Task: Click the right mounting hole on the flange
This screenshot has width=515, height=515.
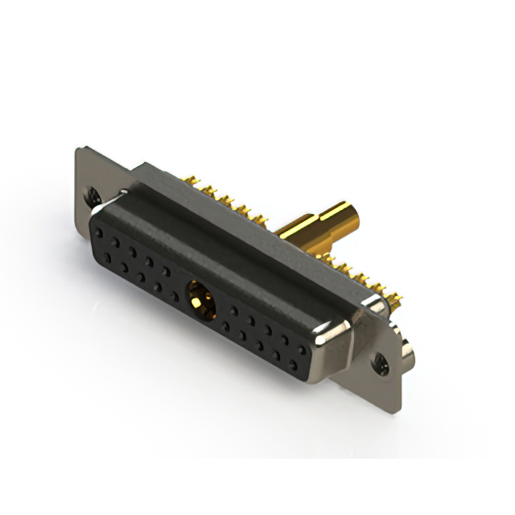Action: [x=380, y=363]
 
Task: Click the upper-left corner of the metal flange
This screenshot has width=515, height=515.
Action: [x=79, y=150]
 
